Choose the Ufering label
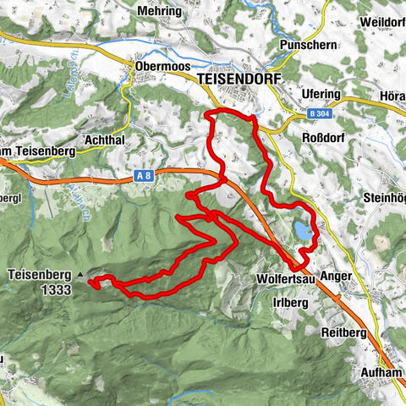pos(321,94)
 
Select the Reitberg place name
pos(344,332)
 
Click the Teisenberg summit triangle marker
pos(80,276)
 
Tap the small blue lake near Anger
pos(304,229)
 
